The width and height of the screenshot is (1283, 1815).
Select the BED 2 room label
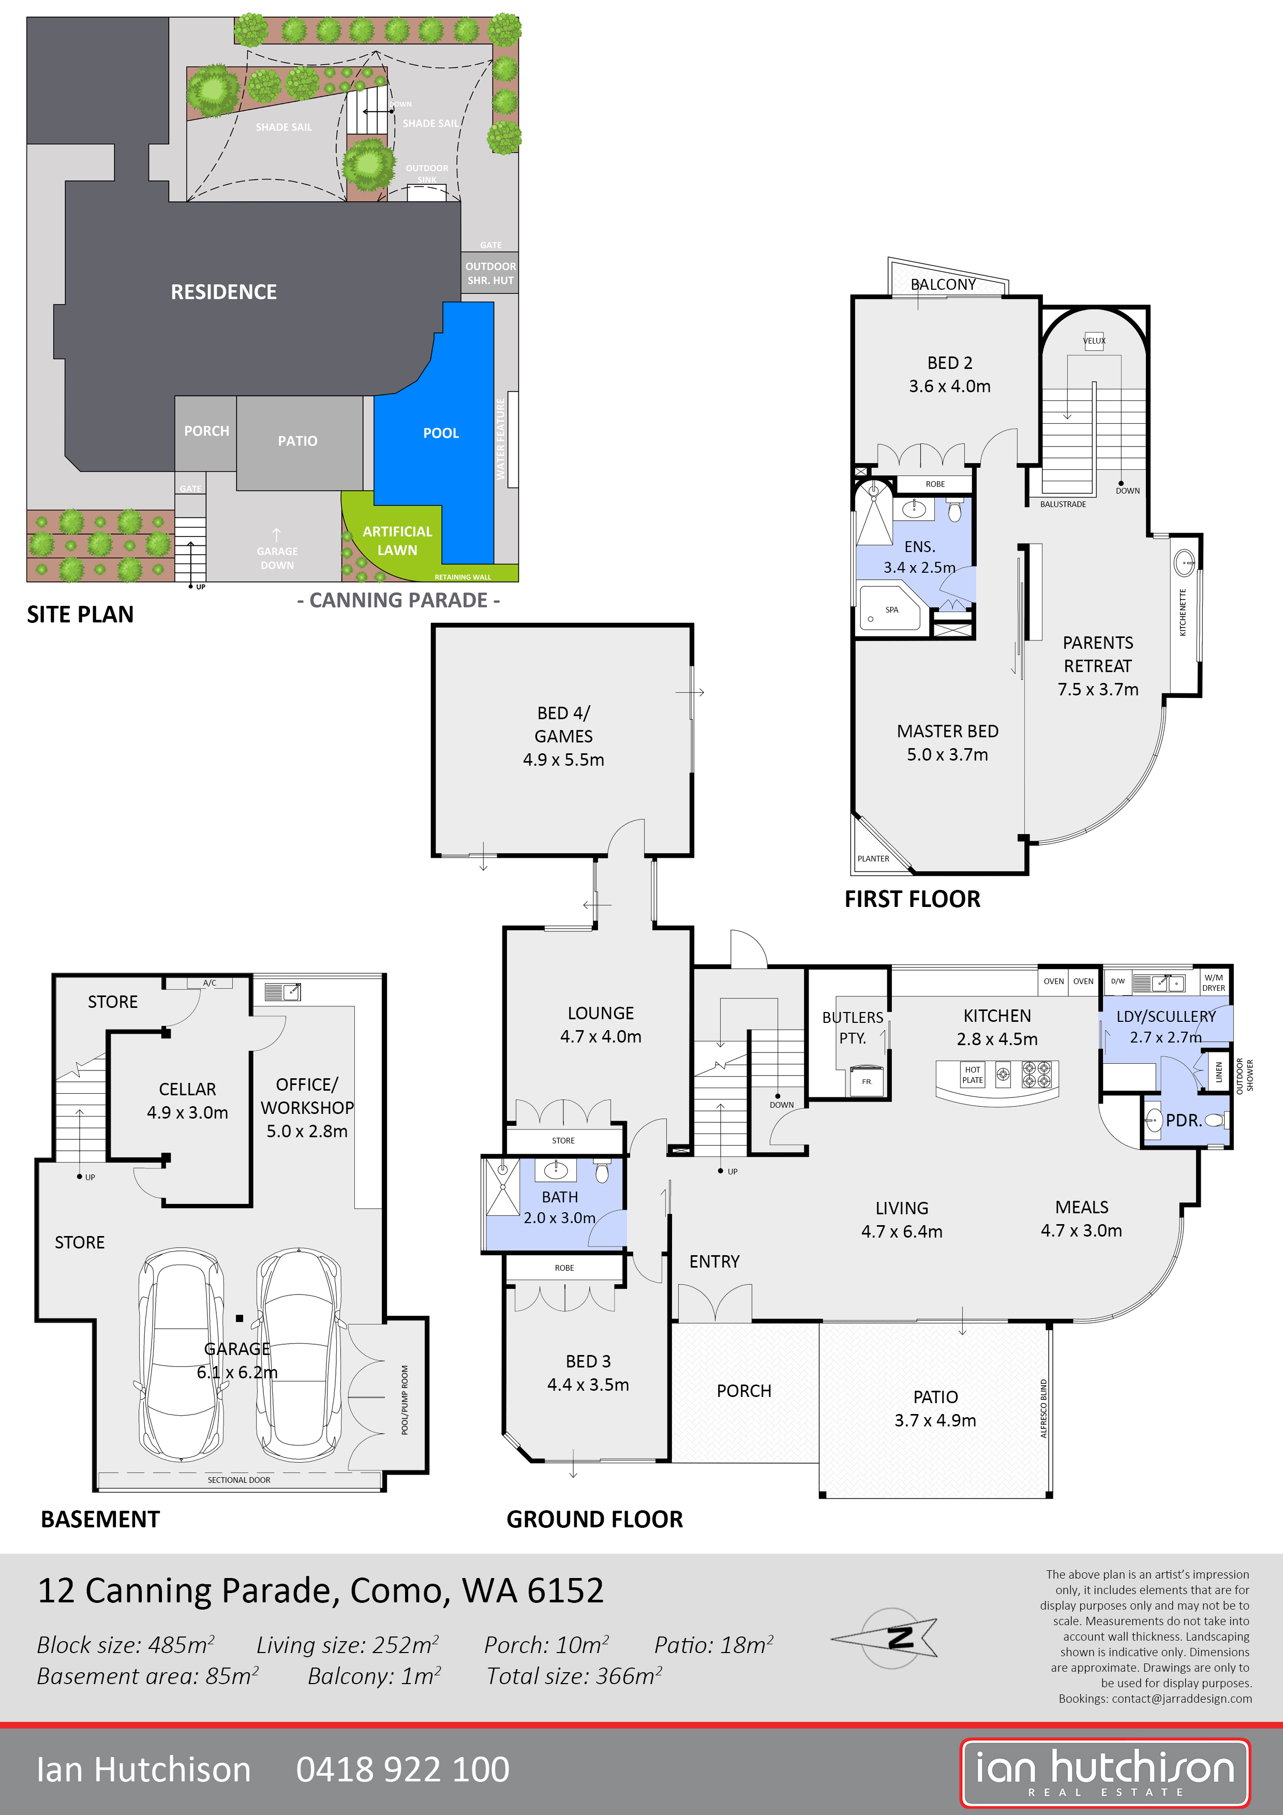coord(949,363)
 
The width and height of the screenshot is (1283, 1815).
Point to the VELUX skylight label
coord(1094,341)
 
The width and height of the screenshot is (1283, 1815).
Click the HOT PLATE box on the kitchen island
coord(972,1074)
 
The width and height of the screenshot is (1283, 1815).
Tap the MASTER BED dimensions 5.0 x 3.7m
coord(947,755)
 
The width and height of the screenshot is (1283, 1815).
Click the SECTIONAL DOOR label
coord(238,1480)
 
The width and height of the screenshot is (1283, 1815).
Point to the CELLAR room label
coord(187,1089)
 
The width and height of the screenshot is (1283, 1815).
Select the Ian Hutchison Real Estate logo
coord(1105,1773)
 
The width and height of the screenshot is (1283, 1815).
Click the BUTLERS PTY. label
coord(852,1028)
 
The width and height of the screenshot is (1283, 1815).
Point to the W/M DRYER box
coord(1214,983)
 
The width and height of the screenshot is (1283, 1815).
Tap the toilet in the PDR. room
coord(1215,1120)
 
